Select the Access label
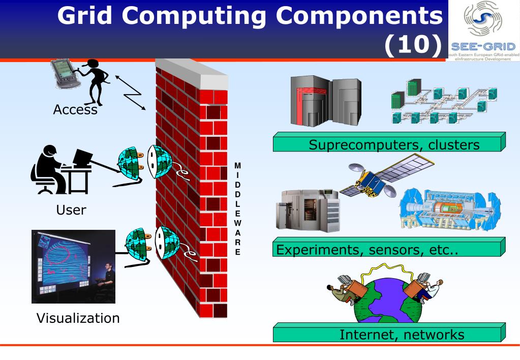[75, 109]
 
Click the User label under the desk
[71, 209]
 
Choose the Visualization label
[78, 319]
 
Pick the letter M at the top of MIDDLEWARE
[237, 166]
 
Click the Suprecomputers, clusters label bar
[389, 144]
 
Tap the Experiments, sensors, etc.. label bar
[389, 250]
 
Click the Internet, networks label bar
[389, 335]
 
